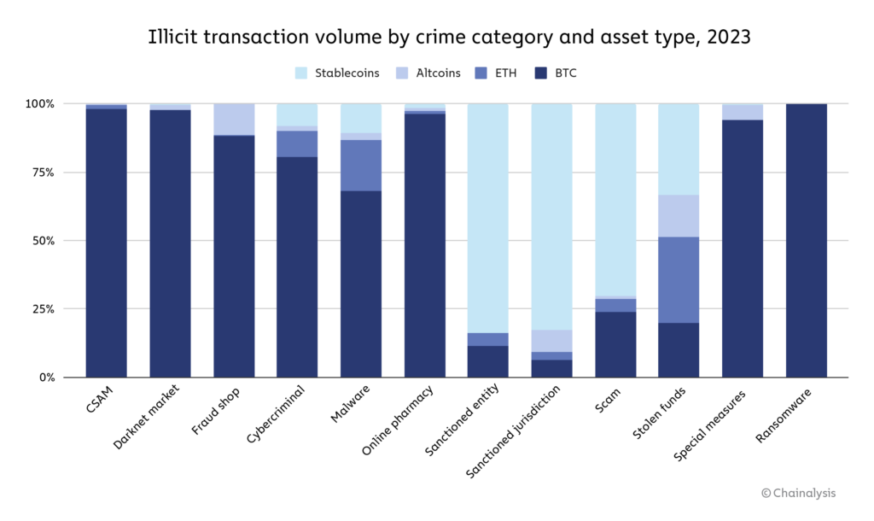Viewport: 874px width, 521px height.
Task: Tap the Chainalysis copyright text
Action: click(799, 493)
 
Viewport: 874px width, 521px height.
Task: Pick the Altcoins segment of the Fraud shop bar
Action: click(234, 120)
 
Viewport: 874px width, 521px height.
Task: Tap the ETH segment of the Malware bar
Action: click(361, 165)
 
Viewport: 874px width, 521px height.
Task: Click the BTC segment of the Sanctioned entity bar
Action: click(488, 361)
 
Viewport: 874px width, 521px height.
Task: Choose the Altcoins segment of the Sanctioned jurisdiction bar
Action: click(551, 341)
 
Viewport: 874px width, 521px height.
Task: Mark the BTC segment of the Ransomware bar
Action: click(806, 240)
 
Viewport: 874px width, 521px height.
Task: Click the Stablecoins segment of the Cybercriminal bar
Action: click(297, 114)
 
